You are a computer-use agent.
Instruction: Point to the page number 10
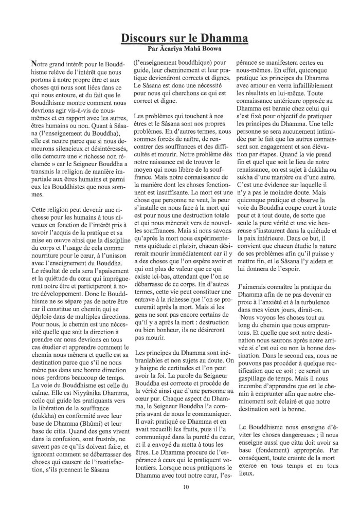180,487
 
